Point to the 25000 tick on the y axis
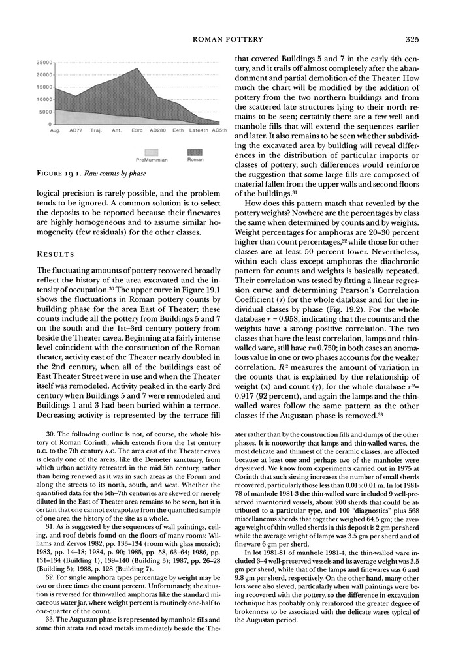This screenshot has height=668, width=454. point(43,63)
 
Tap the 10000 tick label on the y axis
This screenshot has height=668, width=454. point(43,99)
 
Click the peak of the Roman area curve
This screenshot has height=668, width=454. point(137,68)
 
